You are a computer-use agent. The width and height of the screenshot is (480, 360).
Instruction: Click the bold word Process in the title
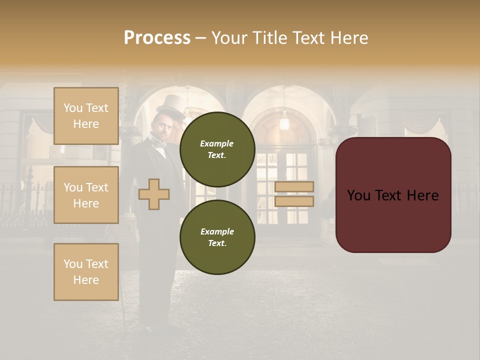[157, 38]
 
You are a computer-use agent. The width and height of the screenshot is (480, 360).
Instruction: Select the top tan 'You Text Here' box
[86, 116]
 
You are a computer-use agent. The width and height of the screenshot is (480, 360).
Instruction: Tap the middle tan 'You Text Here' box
[86, 195]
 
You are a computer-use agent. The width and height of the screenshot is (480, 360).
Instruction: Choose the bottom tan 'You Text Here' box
[86, 272]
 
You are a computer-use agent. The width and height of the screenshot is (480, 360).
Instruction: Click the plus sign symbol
[154, 194]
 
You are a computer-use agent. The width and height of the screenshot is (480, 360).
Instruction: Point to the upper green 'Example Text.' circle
[217, 149]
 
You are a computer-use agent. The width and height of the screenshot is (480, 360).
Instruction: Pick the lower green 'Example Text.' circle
[217, 237]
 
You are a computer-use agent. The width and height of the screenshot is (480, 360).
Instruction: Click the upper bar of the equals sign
[294, 186]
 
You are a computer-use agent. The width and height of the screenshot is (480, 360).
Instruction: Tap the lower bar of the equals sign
[294, 201]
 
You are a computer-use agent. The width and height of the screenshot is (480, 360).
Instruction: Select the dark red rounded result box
[393, 195]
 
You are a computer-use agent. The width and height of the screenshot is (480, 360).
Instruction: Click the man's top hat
[170, 105]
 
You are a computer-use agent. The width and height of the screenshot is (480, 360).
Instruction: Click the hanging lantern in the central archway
[284, 121]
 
